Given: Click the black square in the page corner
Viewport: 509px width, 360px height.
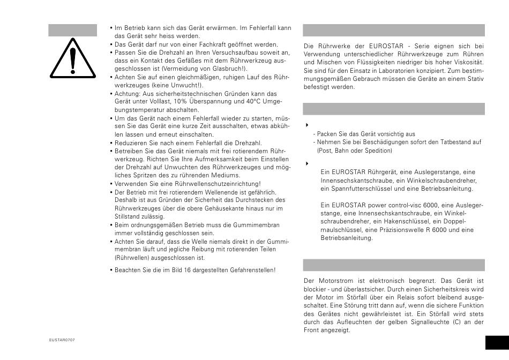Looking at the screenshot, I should [496, 343].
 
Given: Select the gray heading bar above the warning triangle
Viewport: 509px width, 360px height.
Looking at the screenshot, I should [73, 30].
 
